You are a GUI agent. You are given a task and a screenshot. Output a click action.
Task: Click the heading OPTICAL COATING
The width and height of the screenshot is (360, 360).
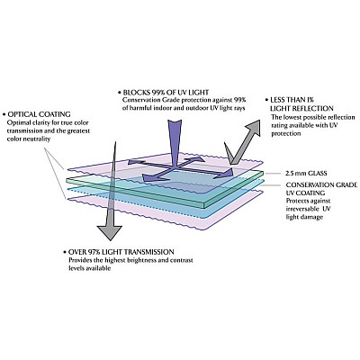40,114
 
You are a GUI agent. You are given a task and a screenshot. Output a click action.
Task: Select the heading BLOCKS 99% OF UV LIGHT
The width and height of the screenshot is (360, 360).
166,92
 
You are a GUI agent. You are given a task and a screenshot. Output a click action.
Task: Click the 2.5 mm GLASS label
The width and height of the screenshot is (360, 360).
306,174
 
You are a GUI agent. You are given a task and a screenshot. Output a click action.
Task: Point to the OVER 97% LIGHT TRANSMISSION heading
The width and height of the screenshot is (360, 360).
121,252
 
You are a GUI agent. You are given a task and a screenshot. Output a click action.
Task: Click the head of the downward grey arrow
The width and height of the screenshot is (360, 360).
110,232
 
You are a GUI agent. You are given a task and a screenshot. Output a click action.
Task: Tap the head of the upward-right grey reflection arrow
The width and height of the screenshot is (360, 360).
252,127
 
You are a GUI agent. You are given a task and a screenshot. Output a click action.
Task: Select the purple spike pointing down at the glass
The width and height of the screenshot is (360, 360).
175,142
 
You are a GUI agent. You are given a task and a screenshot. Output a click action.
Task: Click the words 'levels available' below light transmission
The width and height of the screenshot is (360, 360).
90,268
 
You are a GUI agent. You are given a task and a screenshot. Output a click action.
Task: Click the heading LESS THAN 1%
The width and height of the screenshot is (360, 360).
288,100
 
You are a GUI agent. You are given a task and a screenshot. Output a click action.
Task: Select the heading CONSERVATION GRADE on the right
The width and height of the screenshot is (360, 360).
321,184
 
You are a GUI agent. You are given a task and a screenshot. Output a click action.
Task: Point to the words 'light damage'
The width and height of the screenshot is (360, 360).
304,217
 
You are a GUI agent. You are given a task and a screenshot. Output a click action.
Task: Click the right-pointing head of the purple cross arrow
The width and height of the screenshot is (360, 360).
229,173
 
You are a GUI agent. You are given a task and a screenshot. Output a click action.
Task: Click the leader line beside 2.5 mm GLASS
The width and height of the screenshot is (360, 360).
273,174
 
